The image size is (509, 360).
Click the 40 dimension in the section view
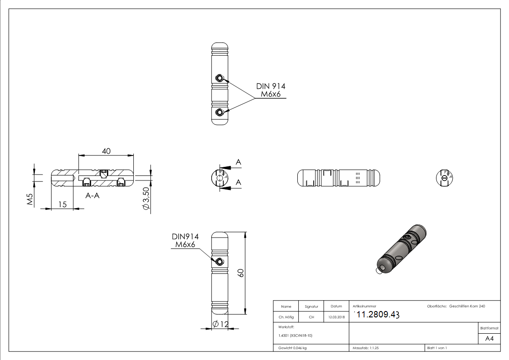(106, 151)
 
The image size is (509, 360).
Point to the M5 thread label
(30, 200)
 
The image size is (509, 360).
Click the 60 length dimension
(241, 273)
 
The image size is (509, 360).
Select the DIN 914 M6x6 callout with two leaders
(271, 90)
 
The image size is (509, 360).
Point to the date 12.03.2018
(336, 317)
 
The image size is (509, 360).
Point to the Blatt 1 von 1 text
(437, 348)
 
